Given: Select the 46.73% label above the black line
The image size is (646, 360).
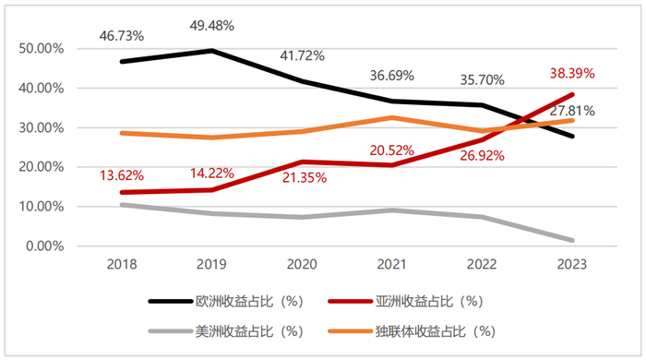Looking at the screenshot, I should tap(122, 35).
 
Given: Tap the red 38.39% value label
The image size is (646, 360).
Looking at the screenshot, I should tap(571, 73).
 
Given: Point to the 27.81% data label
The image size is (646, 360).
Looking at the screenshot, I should tap(571, 111).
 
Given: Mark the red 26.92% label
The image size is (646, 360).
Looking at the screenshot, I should tap(481, 156).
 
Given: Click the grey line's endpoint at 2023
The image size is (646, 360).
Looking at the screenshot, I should tap(571, 240).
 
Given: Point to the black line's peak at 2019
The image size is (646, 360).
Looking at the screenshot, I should tap(211, 50).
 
